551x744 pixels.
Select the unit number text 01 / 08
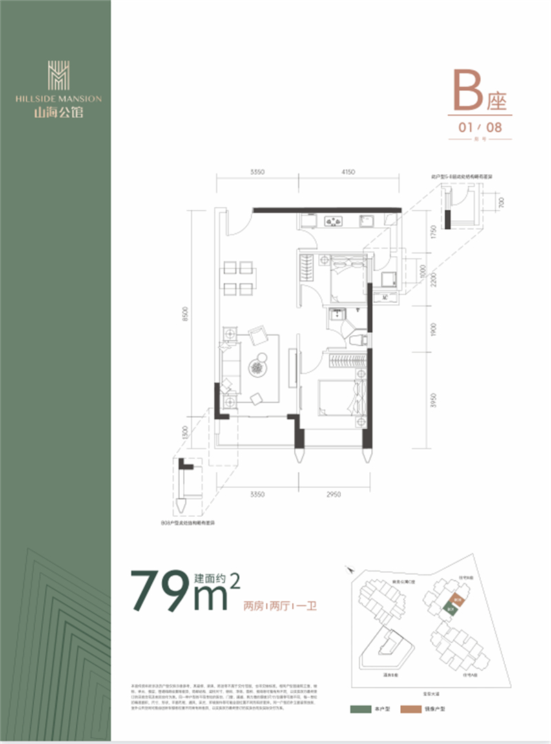click(x=481, y=127)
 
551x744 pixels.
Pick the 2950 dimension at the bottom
click(x=333, y=493)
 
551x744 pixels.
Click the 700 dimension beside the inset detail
click(x=503, y=203)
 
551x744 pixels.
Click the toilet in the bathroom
click(x=356, y=339)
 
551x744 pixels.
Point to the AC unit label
click(x=386, y=297)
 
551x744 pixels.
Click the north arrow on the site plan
click(x=352, y=571)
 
